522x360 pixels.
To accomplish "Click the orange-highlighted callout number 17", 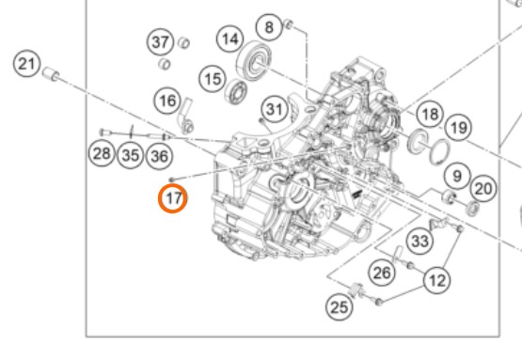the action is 172,198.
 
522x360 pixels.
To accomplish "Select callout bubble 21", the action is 27,63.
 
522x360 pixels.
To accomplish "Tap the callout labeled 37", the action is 161,42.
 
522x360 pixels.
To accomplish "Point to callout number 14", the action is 230,39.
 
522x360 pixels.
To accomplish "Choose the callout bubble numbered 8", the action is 269,27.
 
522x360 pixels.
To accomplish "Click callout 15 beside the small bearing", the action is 213,79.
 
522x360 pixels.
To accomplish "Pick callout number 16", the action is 167,101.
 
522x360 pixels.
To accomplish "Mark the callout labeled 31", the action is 275,109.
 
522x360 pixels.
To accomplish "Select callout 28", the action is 102,153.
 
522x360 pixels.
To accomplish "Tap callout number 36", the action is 160,156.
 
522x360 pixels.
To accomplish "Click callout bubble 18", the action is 430,114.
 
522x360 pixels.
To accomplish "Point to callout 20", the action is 483,189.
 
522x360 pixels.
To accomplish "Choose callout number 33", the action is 420,241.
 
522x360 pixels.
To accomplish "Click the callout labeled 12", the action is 437,280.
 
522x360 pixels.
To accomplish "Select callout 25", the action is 340,306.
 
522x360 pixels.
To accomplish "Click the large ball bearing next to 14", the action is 254,60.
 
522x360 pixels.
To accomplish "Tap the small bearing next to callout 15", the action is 236,91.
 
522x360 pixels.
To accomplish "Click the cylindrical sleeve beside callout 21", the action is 51,74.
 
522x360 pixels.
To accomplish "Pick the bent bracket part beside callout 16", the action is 186,115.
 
